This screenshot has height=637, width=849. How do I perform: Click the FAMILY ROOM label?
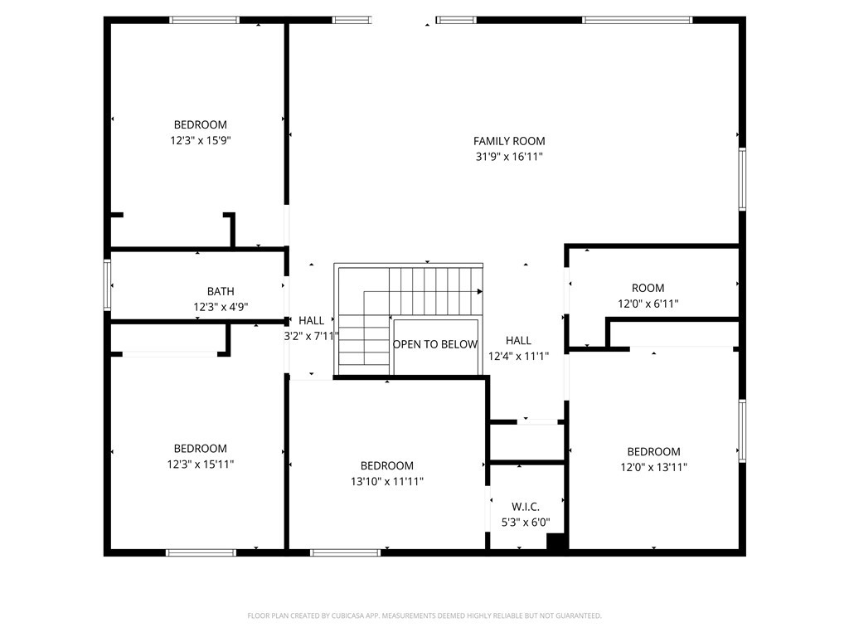point(509,141)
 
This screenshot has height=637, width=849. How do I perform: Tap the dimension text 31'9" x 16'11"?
point(509,157)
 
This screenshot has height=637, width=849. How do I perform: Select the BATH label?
point(221,291)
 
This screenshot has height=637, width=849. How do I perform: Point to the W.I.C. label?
point(525,507)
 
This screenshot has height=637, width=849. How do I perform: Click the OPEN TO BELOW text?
point(435,344)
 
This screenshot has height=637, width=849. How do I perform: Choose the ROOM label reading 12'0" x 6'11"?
point(648,288)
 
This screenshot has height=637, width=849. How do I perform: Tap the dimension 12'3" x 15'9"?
point(201,141)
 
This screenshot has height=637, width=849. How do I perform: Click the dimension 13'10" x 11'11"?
point(387,482)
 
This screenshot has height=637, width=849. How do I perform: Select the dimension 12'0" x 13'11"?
point(654,468)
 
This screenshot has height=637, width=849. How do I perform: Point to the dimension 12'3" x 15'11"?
point(201,464)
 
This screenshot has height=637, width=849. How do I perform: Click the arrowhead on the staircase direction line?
point(480,291)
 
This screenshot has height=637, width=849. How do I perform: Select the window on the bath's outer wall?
point(107,285)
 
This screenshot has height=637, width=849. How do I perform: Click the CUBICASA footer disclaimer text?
point(424,616)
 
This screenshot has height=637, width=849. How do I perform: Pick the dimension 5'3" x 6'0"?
point(525,523)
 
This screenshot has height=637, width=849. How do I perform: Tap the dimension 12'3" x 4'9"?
point(221,307)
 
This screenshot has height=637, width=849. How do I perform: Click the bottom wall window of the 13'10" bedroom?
point(346,552)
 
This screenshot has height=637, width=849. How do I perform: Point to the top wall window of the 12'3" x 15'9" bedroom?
point(204,20)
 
